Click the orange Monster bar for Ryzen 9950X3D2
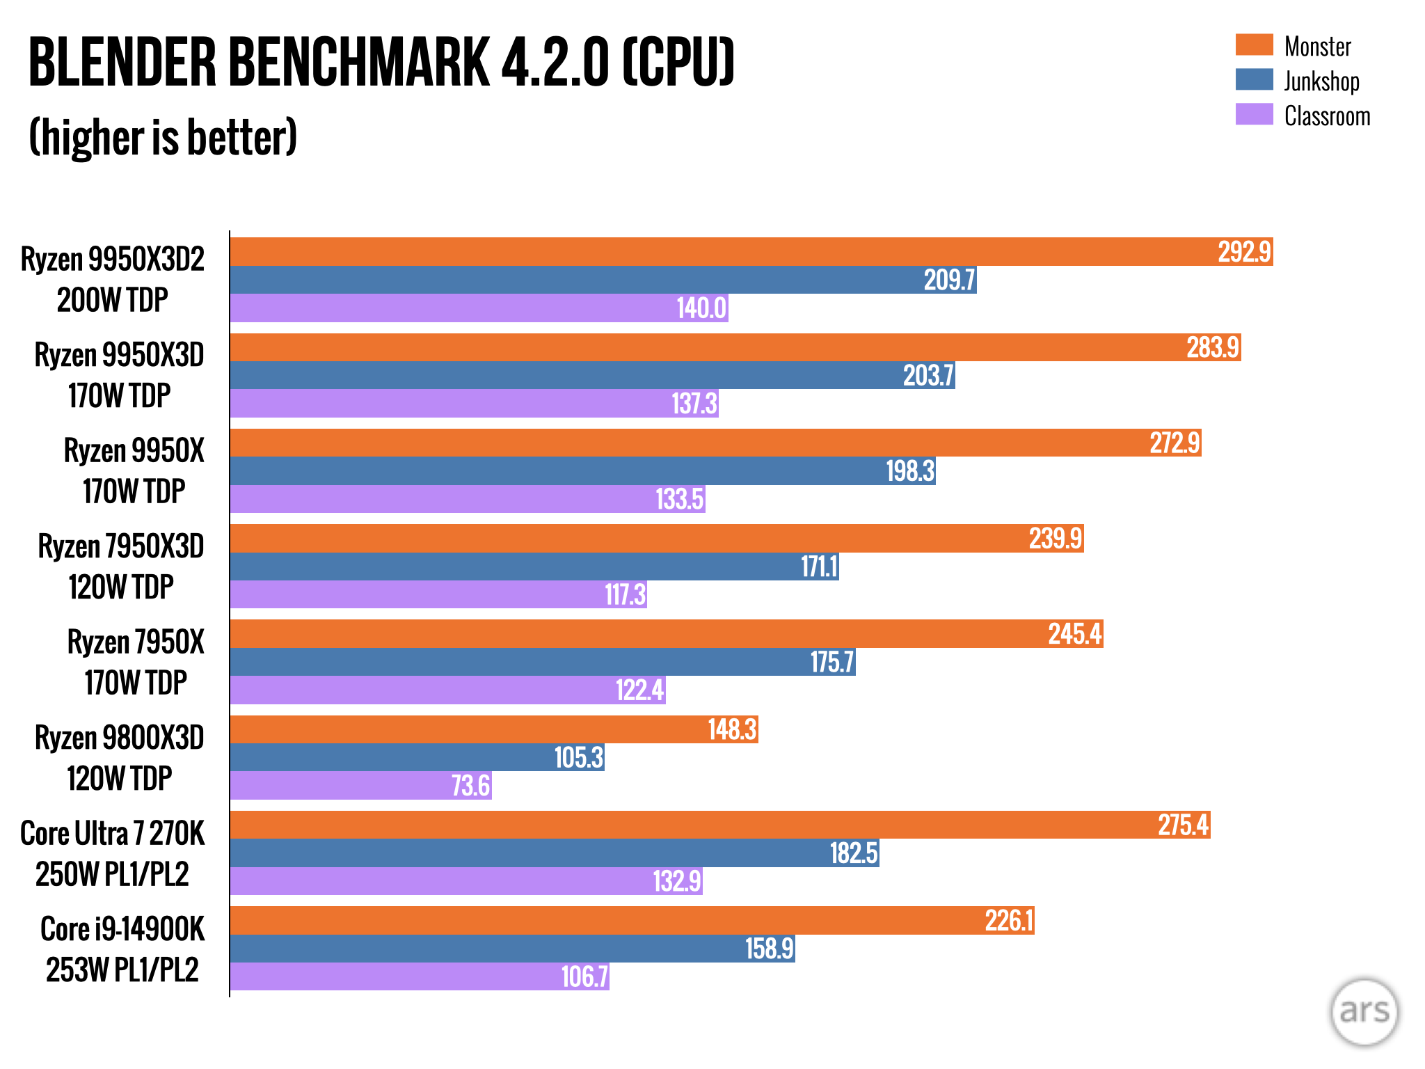[x=751, y=251]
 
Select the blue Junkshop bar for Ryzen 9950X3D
[x=592, y=375]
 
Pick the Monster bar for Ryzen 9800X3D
[x=494, y=729]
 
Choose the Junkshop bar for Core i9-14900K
[x=512, y=949]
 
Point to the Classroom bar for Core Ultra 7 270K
[x=466, y=881]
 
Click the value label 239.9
[x=1056, y=539]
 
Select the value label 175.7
[x=831, y=662]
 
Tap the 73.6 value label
[x=470, y=786]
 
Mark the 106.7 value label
[x=584, y=976]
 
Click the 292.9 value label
[x=1244, y=251]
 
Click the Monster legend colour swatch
[x=1254, y=45]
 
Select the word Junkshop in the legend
[x=1321, y=81]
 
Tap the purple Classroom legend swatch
[x=1254, y=114]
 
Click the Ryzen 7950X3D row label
[x=120, y=546]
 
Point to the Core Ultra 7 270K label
[x=113, y=833]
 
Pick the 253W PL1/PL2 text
[x=122, y=969]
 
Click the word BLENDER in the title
[x=122, y=63]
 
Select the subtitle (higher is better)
[x=164, y=137]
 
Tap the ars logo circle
[x=1364, y=1012]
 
